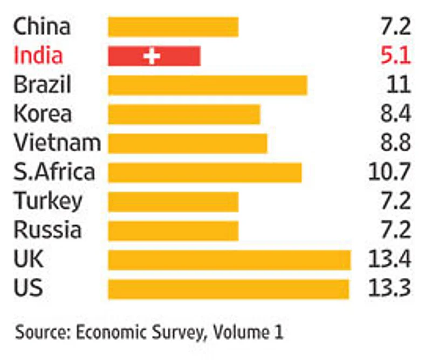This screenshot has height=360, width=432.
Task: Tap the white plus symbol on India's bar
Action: click(153, 56)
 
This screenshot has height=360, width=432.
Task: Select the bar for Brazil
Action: click(207, 85)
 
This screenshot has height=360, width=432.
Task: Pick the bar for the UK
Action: click(229, 260)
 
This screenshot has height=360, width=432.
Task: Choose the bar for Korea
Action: click(184, 114)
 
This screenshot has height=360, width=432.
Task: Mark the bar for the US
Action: click(228, 289)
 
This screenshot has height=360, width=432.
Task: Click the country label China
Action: click(42, 26)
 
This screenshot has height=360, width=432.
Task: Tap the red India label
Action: click(38, 56)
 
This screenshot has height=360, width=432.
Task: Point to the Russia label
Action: click(47, 230)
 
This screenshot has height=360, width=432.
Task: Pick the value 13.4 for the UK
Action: click(389, 260)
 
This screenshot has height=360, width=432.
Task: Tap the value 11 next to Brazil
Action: click(399, 85)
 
